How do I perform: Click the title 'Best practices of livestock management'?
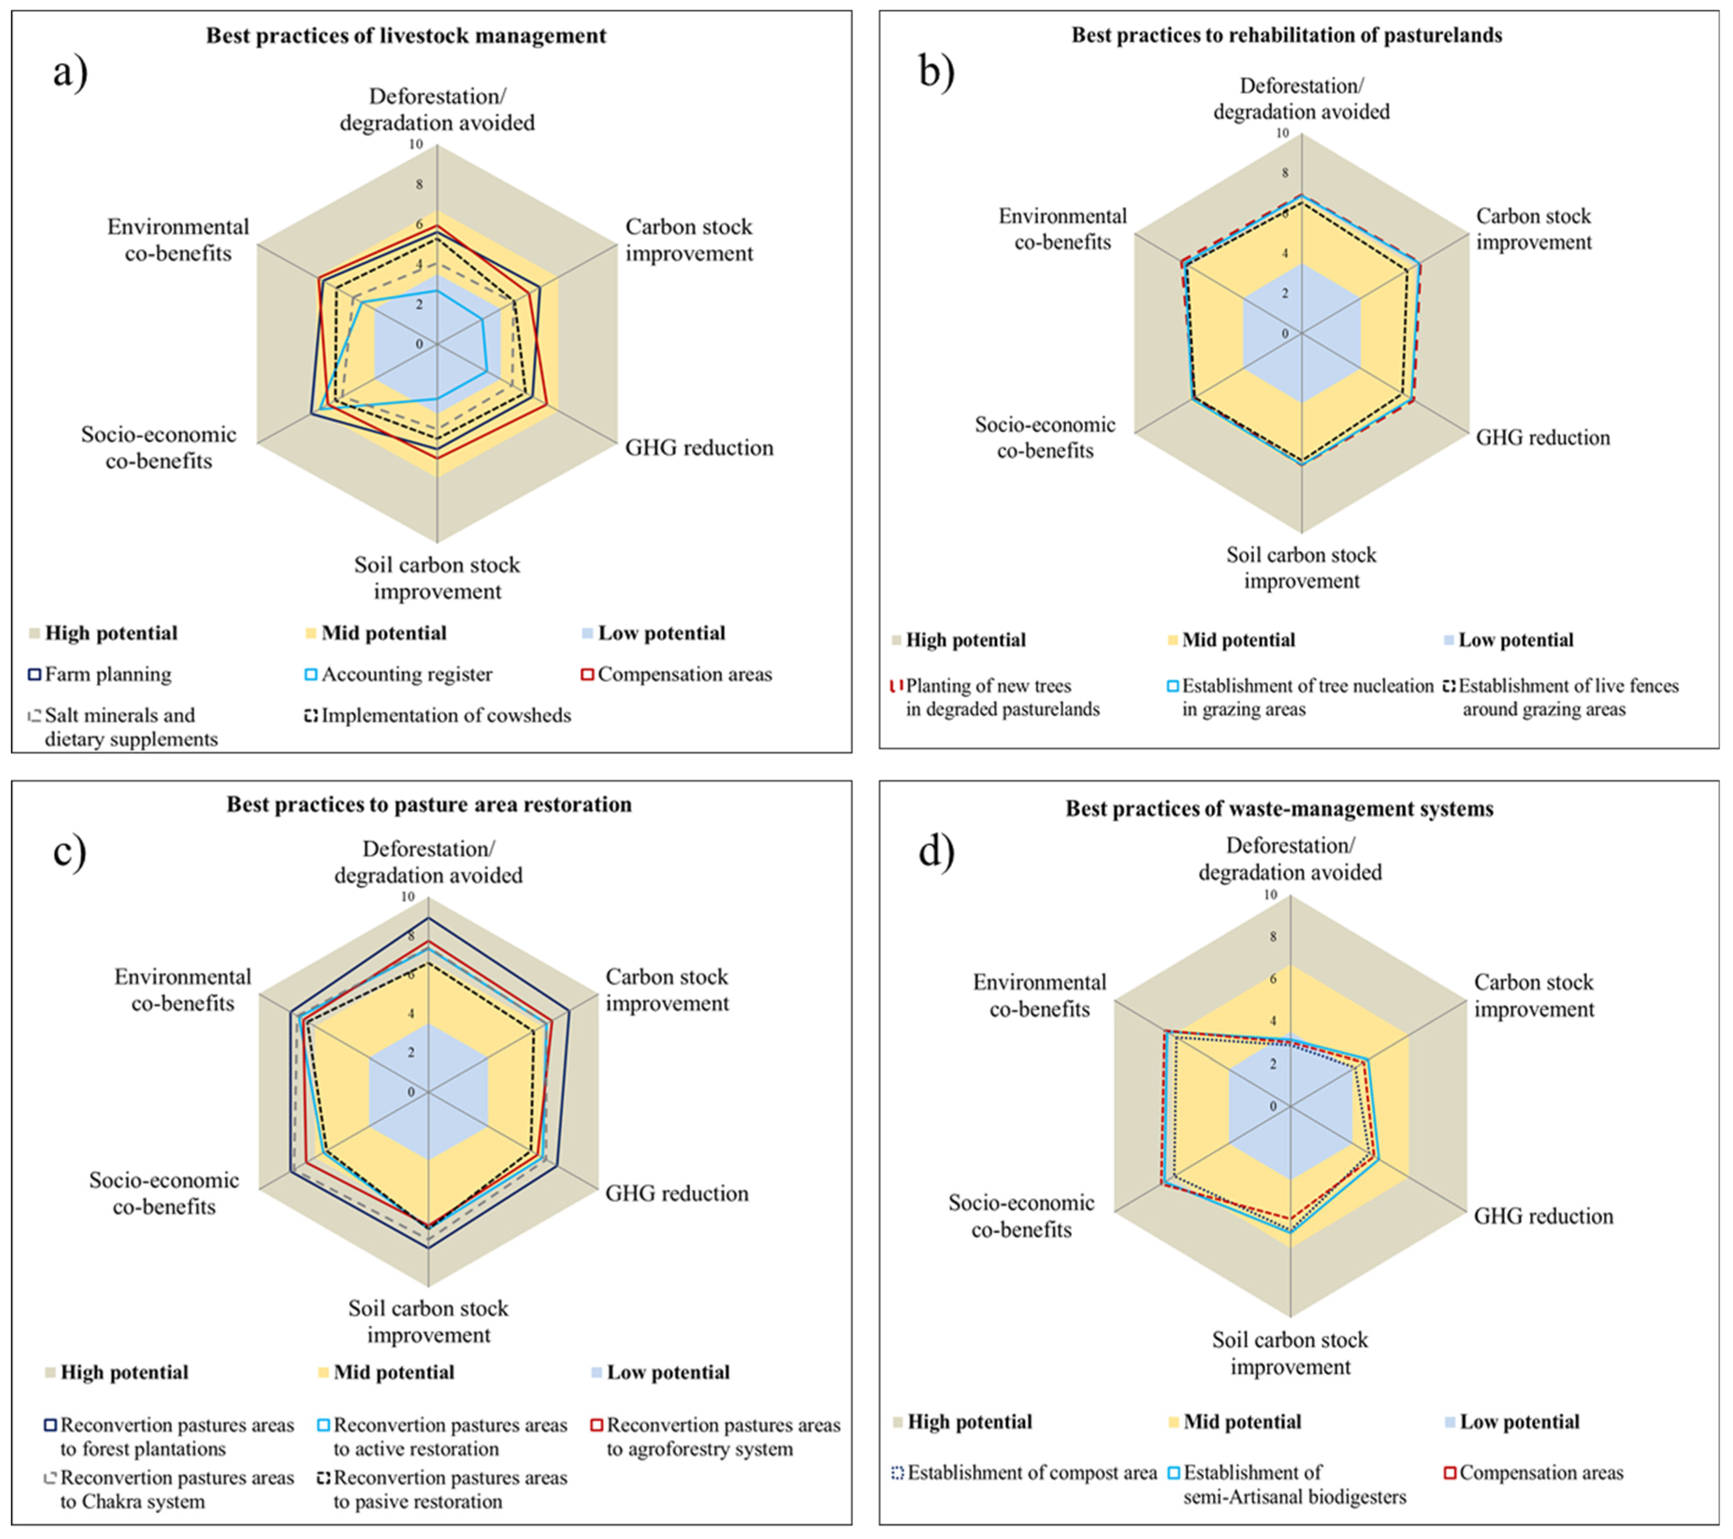pos(406,36)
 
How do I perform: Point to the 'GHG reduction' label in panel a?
pos(700,448)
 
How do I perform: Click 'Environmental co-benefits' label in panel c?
pos(183,989)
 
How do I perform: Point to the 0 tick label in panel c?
pos(411,1092)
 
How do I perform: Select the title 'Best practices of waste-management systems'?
pos(1279,809)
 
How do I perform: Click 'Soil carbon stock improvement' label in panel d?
pos(1290,1353)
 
